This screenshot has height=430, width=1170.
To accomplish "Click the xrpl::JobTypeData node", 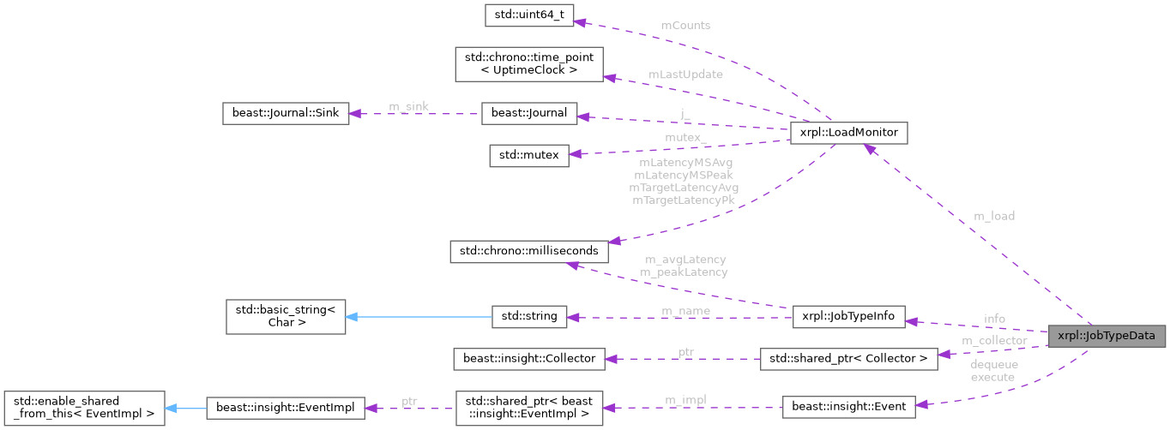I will pyautogui.click(x=1107, y=336).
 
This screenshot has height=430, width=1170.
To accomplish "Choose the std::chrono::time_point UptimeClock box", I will pyautogui.click(x=528, y=64).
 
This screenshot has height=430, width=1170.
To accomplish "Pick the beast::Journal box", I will pyautogui.click(x=529, y=114).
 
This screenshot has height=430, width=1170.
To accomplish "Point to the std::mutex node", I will pyautogui.click(x=528, y=156).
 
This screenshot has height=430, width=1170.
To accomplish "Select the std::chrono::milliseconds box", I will pyautogui.click(x=529, y=252).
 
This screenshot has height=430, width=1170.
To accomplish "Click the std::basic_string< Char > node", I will pyautogui.click(x=285, y=316).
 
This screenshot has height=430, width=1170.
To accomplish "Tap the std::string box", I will pyautogui.click(x=529, y=316).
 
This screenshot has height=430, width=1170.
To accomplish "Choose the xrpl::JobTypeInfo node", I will pyautogui.click(x=847, y=316).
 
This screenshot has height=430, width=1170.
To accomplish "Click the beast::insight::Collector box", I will pyautogui.click(x=529, y=358).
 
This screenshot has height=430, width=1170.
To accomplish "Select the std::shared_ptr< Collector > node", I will pyautogui.click(x=847, y=358).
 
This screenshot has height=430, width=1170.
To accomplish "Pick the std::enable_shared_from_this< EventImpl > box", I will pyautogui.click(x=83, y=408).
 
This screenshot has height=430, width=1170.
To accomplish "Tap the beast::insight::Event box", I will pyautogui.click(x=847, y=408).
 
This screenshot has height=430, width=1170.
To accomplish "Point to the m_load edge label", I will pyautogui.click(x=993, y=216).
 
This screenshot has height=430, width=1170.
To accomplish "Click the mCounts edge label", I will pyautogui.click(x=685, y=25).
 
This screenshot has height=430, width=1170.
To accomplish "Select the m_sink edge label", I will pyautogui.click(x=408, y=105).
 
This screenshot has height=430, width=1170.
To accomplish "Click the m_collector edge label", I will pyautogui.click(x=993, y=341).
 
